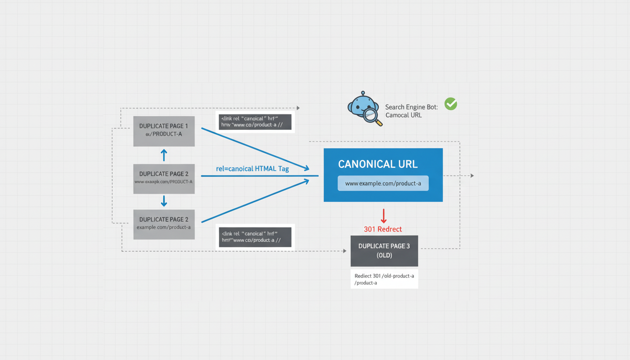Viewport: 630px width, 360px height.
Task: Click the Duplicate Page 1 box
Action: [164, 131]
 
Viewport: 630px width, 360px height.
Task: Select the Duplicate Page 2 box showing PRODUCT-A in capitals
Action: [164, 179]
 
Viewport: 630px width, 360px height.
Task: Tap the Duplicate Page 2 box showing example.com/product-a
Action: [164, 224]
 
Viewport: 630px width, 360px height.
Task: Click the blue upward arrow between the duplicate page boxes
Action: [164, 155]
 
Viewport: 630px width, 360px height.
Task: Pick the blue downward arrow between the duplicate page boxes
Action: [164, 201]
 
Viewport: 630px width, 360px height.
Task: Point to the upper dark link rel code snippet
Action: [255, 122]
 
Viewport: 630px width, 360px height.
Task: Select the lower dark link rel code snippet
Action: [255, 237]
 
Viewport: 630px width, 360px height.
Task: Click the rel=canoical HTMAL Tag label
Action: [252, 169]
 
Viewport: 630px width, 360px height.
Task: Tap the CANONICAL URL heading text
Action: [377, 164]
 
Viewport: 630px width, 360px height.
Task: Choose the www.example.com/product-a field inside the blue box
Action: [383, 183]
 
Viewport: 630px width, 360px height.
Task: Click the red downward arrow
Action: [383, 216]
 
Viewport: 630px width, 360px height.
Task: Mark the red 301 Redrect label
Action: [383, 229]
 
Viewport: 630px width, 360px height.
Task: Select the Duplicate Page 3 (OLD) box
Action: [384, 251]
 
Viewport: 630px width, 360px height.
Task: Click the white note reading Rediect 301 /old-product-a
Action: [384, 279]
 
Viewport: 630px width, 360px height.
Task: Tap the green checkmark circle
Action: [450, 104]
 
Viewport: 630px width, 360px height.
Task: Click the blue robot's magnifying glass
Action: [372, 116]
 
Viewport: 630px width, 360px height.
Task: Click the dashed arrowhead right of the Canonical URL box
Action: [472, 176]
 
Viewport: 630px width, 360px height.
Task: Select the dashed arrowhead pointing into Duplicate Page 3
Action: [345, 251]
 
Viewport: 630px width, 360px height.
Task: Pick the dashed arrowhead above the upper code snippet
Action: [298, 108]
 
